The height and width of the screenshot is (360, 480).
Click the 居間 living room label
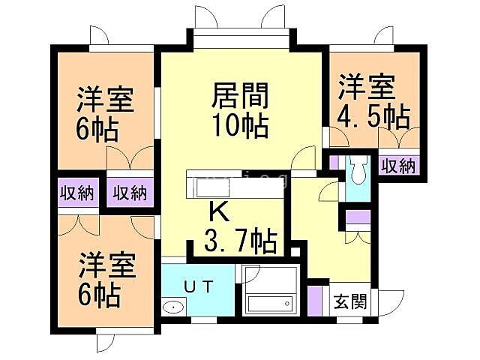[x=240, y=96]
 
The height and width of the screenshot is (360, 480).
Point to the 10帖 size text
[x=240, y=125]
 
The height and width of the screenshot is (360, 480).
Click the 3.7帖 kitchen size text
[x=240, y=241]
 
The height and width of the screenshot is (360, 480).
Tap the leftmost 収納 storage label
[x=76, y=193]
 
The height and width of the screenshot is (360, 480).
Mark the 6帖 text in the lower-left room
[x=100, y=295]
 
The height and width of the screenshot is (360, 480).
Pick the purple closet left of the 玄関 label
[x=316, y=298]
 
